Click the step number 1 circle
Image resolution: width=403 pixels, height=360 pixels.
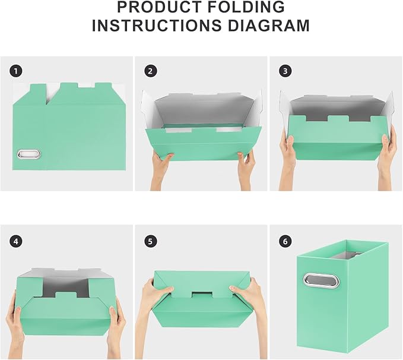click(x=16, y=71)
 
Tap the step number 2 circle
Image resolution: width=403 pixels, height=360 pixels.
click(x=150, y=71)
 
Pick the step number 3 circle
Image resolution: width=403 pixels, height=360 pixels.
click(x=285, y=71)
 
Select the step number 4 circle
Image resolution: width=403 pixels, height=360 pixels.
click(x=16, y=241)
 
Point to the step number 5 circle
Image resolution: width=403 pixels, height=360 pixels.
click(x=150, y=241)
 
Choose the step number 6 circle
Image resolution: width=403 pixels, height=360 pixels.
click(x=285, y=241)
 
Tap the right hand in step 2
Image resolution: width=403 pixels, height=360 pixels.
click(x=246, y=168)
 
